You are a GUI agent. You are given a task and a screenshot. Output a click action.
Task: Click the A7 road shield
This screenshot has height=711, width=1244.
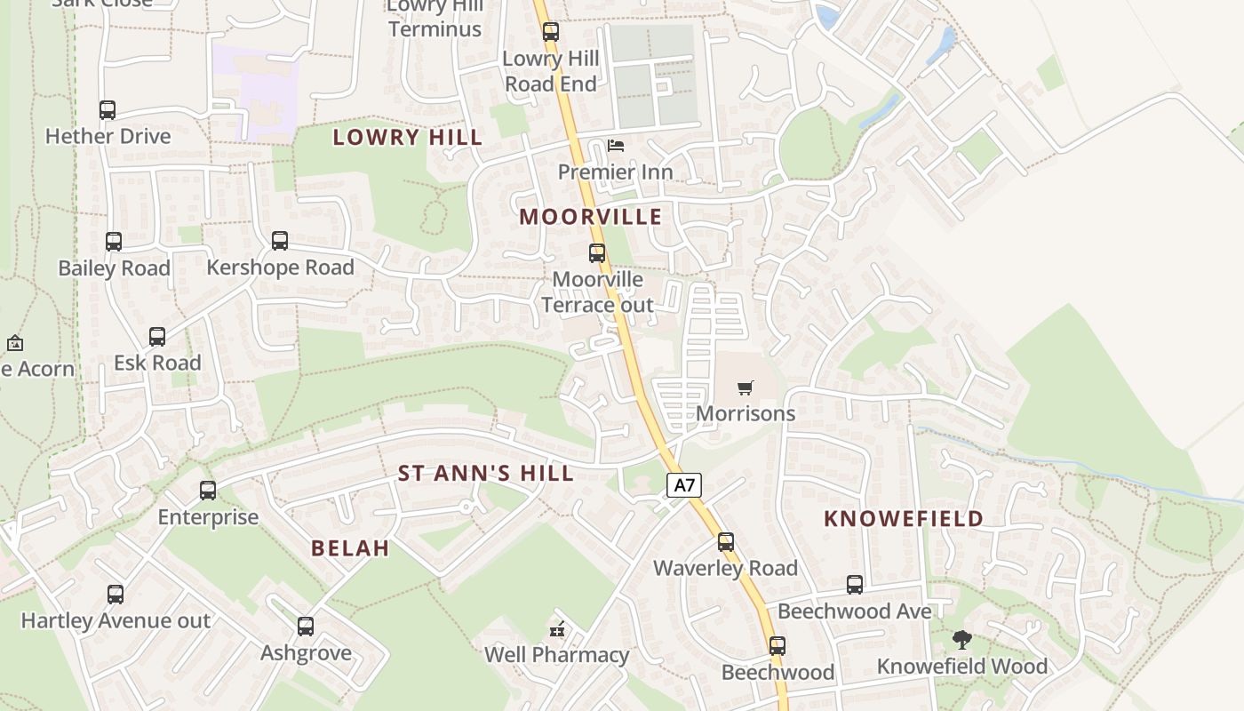[x=683, y=485]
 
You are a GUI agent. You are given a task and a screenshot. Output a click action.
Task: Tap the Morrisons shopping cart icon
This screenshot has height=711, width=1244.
[x=746, y=387]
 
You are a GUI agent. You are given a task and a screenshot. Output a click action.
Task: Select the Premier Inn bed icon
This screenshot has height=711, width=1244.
[x=616, y=145]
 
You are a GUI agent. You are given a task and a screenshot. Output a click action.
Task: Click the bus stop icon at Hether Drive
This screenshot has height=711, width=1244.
[x=108, y=110]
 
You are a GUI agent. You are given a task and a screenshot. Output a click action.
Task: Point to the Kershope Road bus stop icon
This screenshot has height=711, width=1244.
[x=280, y=241]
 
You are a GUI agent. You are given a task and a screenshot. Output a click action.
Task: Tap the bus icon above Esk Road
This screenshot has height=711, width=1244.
[x=157, y=337]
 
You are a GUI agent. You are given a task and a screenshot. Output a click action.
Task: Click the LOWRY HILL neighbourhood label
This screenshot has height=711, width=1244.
[x=408, y=137]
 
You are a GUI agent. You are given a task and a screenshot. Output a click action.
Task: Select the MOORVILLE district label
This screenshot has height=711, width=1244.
[x=591, y=217]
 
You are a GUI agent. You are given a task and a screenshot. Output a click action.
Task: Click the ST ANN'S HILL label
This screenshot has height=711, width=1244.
[x=485, y=474]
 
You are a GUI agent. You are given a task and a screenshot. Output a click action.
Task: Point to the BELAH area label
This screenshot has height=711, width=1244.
[x=350, y=548]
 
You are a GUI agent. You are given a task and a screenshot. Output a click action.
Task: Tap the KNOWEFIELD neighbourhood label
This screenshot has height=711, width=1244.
[x=904, y=519]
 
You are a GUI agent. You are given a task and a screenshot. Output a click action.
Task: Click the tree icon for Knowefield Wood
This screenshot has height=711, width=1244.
[x=961, y=639]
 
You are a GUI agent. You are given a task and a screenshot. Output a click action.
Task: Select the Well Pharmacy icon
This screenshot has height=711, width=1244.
[x=557, y=629]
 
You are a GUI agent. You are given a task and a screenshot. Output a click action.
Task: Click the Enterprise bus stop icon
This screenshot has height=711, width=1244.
[x=208, y=491]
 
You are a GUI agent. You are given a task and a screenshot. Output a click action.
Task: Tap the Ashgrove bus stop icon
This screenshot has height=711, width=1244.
[x=306, y=627]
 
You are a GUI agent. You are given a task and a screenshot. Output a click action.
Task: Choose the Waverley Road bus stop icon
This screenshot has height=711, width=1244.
[x=726, y=542]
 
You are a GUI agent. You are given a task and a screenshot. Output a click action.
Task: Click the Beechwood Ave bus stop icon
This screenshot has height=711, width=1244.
[x=855, y=585]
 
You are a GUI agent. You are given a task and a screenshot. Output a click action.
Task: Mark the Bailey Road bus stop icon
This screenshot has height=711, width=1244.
[x=114, y=242]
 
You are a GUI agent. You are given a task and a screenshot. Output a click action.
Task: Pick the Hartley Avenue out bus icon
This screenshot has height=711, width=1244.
[x=116, y=595]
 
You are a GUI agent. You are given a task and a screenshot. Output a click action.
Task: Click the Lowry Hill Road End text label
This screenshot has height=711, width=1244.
[x=551, y=71]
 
